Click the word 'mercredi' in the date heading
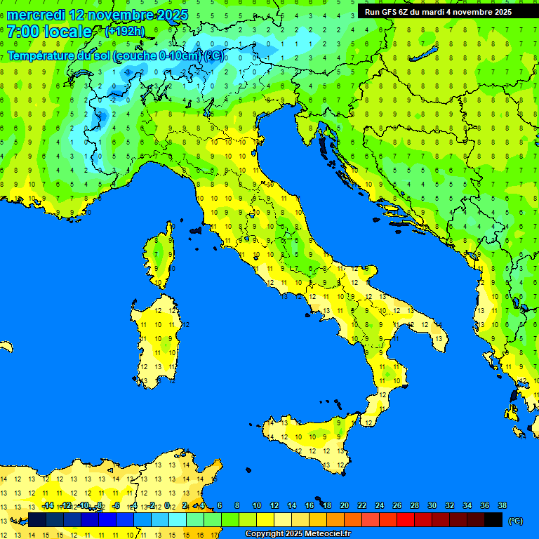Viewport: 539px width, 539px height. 36,15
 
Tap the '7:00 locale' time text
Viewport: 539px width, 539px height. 49,32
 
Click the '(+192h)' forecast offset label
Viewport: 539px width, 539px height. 124,31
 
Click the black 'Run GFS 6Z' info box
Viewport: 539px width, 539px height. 438,11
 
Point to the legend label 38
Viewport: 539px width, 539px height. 502,505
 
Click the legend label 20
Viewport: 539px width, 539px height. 344,505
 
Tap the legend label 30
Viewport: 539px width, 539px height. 432,505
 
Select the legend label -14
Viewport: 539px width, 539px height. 48,505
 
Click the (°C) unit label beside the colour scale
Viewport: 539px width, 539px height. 516,521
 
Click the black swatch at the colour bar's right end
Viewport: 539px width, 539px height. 493,519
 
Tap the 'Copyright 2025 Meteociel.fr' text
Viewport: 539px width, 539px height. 298,534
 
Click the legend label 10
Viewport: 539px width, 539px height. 257,505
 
